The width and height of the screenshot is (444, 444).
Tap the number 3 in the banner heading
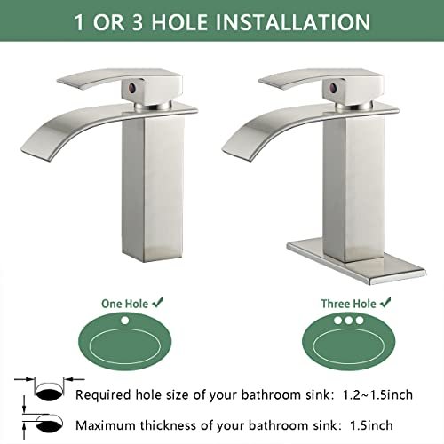[137, 22]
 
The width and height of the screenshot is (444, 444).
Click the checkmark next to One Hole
[157, 302]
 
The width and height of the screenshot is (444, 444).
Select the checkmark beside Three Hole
[385, 302]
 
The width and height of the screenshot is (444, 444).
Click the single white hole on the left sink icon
[125, 321]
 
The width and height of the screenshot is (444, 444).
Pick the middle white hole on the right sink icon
[349, 320]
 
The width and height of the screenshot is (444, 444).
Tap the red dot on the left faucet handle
[132, 88]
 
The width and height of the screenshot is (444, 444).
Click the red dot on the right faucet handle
[333, 88]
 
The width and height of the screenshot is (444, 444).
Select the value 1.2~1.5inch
[377, 395]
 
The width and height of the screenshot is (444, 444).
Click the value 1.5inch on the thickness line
[371, 425]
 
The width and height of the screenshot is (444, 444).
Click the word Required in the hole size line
[103, 395]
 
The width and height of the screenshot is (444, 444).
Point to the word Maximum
[107, 425]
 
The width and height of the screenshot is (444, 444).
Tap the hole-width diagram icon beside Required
[49, 389]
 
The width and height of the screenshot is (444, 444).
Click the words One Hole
[124, 304]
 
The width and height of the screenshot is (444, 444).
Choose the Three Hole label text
[349, 304]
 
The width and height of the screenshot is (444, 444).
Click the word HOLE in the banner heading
[179, 22]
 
